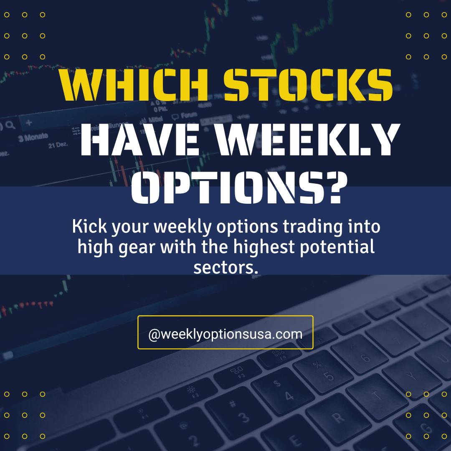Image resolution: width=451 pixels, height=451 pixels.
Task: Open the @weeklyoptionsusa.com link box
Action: (x=225, y=332)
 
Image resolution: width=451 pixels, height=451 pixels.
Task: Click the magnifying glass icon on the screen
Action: (x=10, y=124)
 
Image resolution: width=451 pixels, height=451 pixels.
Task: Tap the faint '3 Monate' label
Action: (x=33, y=137)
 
